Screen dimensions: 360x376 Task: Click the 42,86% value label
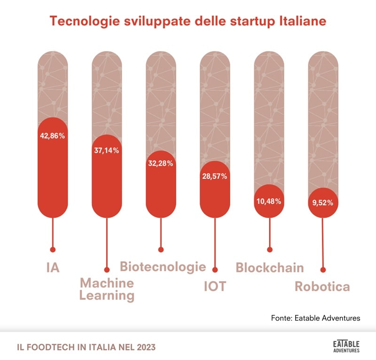click(x=53, y=136)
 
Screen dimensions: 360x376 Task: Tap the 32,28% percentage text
click(x=161, y=164)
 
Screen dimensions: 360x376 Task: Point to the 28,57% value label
click(x=215, y=176)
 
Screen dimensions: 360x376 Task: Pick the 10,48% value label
click(x=269, y=201)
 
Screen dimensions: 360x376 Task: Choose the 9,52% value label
click(x=323, y=203)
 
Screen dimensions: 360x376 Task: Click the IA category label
click(x=53, y=267)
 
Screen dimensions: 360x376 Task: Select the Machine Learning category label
click(x=107, y=289)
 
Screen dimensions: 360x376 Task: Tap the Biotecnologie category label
click(x=163, y=267)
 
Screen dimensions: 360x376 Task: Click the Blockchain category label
click(x=270, y=267)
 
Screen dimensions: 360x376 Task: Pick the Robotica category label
click(x=322, y=286)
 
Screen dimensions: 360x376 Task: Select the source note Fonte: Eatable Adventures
click(x=315, y=318)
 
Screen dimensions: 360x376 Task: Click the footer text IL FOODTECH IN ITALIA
click(x=86, y=347)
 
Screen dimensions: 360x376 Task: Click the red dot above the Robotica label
click(x=323, y=270)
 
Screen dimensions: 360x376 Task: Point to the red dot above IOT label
click(x=215, y=270)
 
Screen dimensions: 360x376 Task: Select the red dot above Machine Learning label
click(x=107, y=270)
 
